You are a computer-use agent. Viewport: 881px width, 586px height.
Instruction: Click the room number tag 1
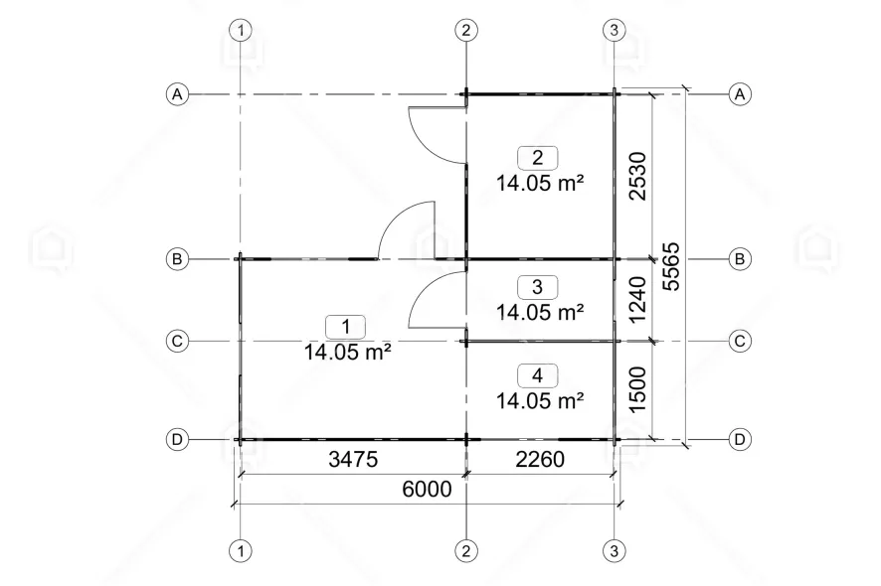346,327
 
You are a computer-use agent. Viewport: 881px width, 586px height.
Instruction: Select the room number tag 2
538,158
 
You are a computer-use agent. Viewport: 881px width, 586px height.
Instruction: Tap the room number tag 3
538,287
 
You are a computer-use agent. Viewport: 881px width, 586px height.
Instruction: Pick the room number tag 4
538,375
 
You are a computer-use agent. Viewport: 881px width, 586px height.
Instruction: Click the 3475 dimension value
353,459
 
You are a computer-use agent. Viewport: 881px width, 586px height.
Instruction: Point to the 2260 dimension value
540,459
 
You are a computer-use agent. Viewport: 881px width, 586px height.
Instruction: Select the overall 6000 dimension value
427,489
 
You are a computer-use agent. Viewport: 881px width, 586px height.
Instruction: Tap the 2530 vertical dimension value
638,176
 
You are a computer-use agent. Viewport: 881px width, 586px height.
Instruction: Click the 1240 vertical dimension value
638,300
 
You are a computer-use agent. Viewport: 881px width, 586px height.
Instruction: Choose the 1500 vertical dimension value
638,389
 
